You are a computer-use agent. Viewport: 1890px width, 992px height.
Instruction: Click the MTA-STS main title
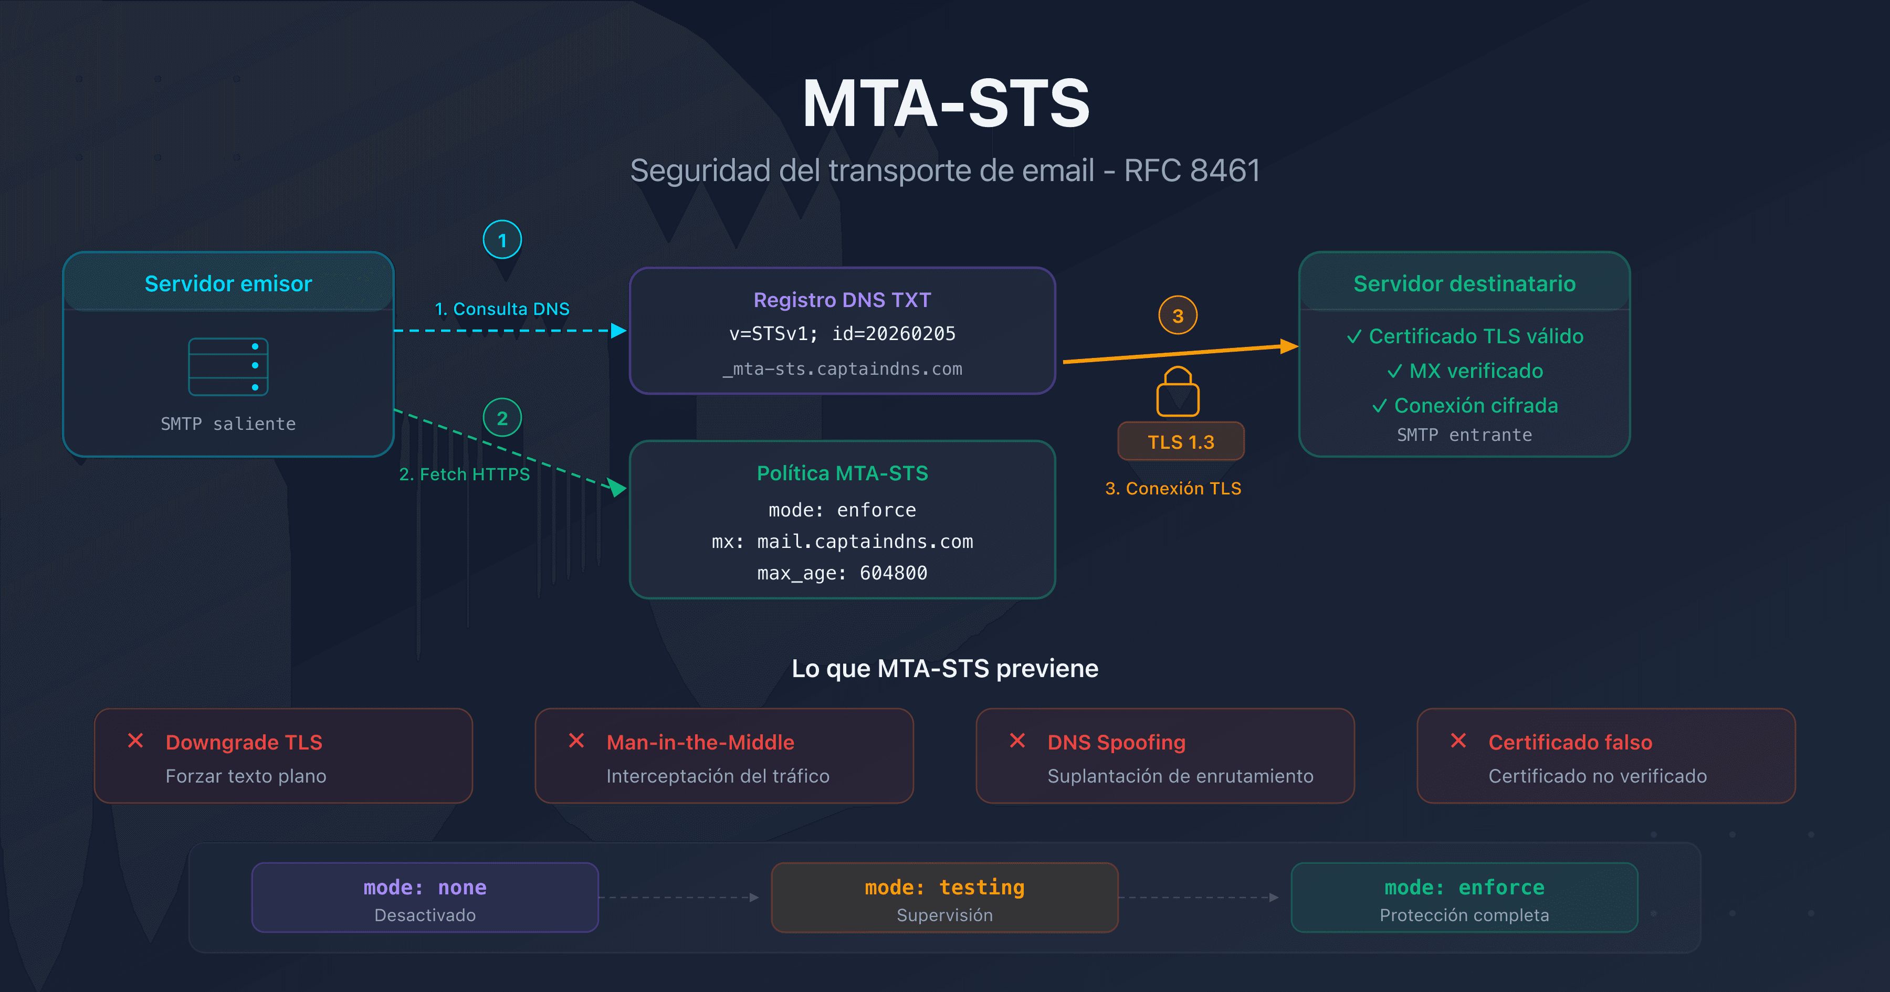pos(945,104)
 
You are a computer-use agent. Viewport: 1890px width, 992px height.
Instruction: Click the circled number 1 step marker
pos(502,240)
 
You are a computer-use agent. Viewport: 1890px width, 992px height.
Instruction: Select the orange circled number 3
pos(1178,315)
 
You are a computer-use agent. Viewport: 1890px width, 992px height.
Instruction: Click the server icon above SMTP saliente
pos(228,366)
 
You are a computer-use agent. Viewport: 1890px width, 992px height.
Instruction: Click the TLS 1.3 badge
pos(1181,442)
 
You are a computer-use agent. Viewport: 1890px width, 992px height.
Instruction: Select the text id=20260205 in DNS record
pos(894,334)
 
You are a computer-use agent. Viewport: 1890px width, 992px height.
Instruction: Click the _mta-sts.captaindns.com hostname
pos(842,369)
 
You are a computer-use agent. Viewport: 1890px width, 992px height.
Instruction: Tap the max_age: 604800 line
pos(842,573)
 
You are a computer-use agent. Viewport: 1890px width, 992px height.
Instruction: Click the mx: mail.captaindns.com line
pos(842,542)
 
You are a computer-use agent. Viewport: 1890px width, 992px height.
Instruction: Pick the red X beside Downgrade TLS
pos(136,741)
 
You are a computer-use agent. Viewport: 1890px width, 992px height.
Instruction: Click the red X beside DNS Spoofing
pos(1017,741)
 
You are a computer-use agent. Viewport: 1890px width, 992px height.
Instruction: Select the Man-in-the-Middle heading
pos(700,743)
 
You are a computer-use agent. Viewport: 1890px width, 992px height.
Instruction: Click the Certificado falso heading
pos(1570,743)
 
